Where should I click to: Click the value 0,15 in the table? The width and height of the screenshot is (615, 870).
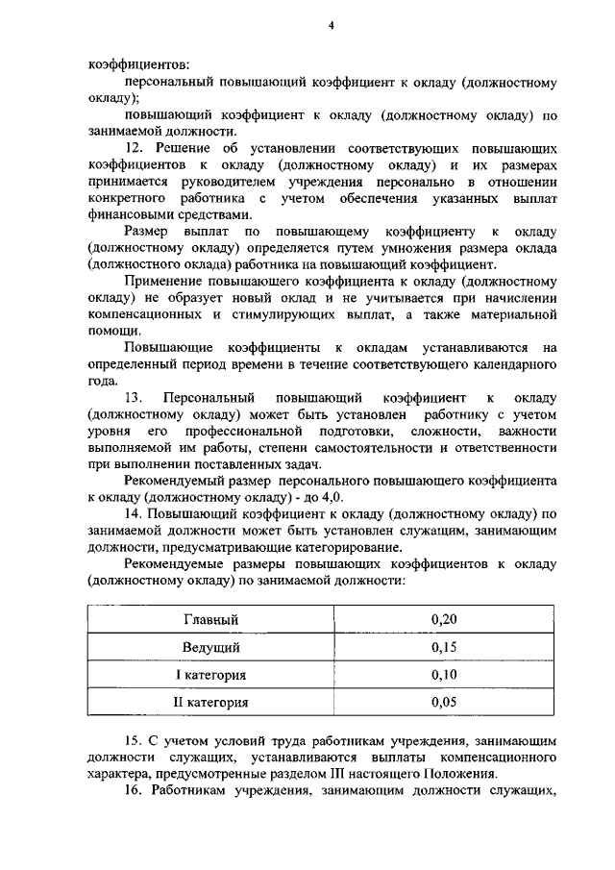coord(444,647)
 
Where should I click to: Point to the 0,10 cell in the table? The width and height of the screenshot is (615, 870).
coord(444,675)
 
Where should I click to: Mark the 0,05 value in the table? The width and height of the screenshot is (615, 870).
coord(444,703)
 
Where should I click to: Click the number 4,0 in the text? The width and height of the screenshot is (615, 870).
coord(330,497)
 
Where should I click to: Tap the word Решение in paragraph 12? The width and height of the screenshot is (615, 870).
coord(184,149)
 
